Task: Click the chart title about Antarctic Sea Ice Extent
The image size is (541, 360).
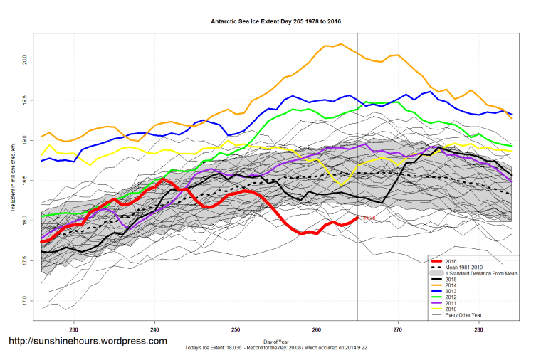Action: pos(276,21)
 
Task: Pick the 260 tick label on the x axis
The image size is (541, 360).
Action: pos(316,329)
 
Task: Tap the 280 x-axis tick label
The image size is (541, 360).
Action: pos(478,329)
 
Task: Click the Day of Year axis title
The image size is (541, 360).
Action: pos(276,341)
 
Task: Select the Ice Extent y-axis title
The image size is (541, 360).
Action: pos(12,178)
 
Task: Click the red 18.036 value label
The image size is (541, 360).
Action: pos(368,218)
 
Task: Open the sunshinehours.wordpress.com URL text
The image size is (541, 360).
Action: pos(88,341)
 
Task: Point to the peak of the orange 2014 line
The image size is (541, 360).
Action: pos(341,44)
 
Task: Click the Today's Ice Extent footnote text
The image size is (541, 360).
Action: pos(276,347)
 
